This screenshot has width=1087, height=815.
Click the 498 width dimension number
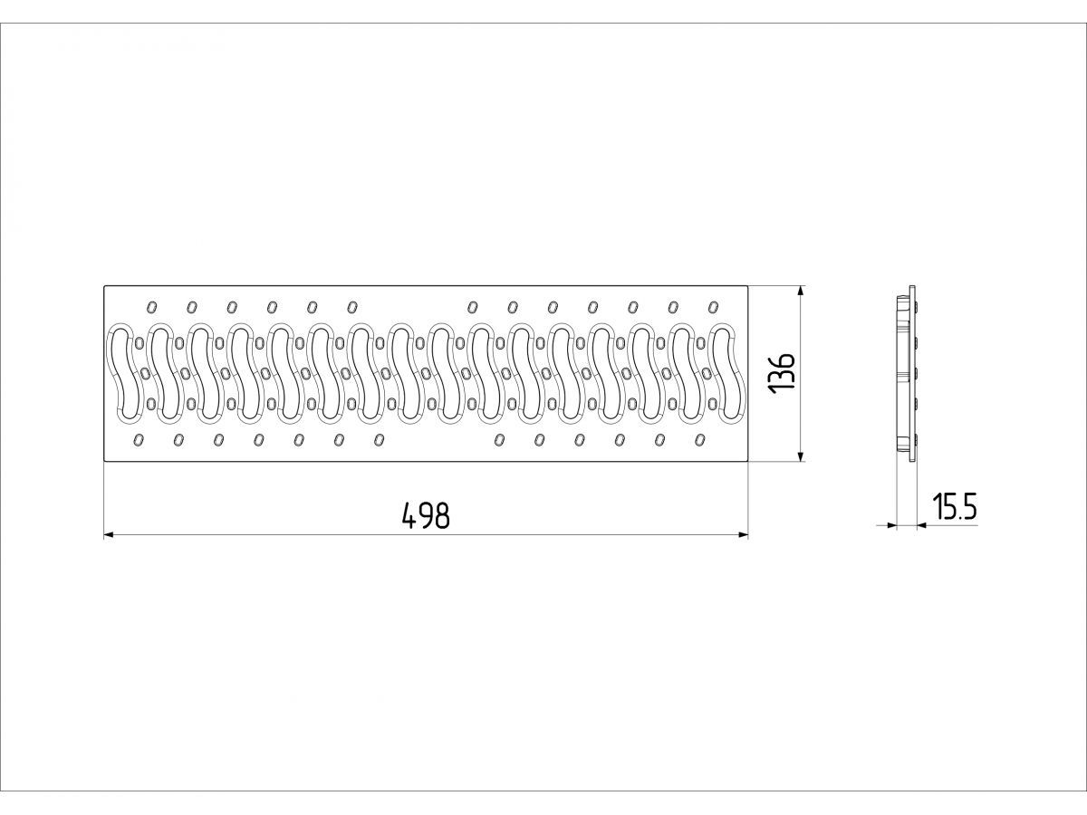click(x=426, y=516)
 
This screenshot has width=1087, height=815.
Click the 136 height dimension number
click(x=782, y=372)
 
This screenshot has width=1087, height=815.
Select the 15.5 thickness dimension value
click(x=955, y=508)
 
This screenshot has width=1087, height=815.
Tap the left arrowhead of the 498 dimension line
click(x=108, y=535)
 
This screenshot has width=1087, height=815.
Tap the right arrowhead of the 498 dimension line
click(x=745, y=535)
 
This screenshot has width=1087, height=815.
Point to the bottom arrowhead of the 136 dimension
click(x=801, y=457)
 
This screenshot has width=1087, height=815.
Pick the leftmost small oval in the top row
click(x=151, y=306)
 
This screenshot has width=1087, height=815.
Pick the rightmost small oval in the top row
click(x=713, y=306)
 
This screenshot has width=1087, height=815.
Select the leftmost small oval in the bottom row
click(x=138, y=440)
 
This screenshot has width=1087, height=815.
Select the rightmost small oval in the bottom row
click(x=699, y=440)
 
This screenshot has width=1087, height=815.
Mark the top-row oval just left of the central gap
click(x=352, y=306)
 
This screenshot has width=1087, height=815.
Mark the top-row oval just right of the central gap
click(x=472, y=306)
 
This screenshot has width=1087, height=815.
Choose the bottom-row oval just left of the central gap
click(x=379, y=440)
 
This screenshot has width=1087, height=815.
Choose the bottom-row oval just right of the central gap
click(x=498, y=440)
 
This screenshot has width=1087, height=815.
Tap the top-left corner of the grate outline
click(x=104, y=286)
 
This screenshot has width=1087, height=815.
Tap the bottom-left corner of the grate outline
click(x=104, y=462)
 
